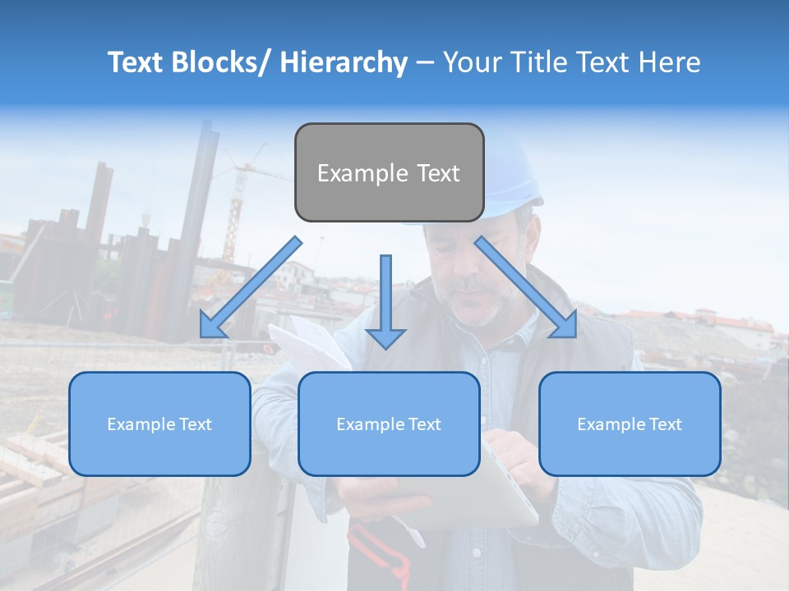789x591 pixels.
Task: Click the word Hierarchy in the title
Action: [343, 62]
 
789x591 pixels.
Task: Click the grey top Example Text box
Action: [389, 172]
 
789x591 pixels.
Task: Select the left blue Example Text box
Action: [159, 424]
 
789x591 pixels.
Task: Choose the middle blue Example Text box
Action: [389, 424]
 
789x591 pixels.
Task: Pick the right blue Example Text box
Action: [630, 424]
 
